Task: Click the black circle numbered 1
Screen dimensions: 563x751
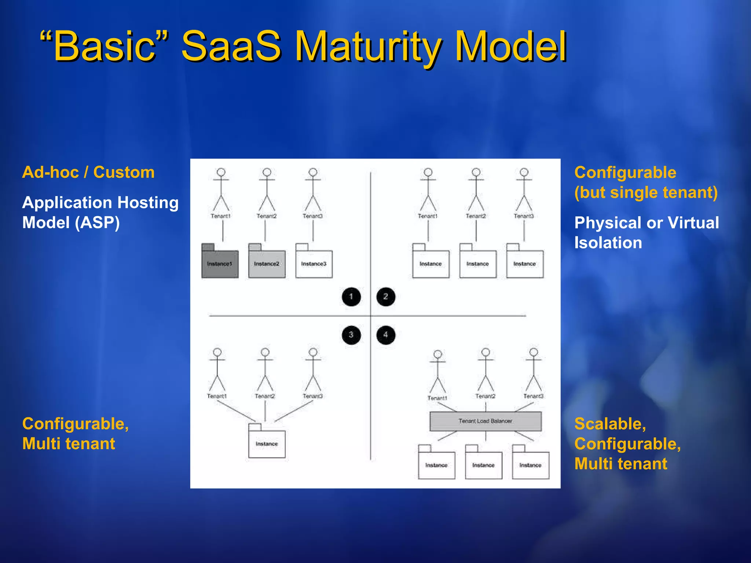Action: [x=351, y=297]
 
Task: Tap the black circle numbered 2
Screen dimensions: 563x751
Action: [x=385, y=297]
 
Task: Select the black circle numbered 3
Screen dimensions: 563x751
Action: [x=351, y=335]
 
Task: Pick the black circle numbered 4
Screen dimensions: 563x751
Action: [x=385, y=335]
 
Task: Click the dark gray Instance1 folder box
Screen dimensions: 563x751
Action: [x=220, y=264]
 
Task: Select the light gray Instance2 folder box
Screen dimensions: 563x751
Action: [x=267, y=264]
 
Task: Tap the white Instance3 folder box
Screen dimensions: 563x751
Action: [x=314, y=264]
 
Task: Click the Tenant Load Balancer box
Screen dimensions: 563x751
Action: [x=485, y=421]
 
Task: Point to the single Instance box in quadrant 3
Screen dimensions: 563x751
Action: [x=267, y=444]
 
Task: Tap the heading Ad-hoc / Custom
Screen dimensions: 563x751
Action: [x=88, y=172]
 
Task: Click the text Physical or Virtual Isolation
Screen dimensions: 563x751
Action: [x=646, y=233]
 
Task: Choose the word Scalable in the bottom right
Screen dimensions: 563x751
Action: [x=610, y=424]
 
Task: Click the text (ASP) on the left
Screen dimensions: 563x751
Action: [x=97, y=222]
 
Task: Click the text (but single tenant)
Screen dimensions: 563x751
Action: [x=646, y=192]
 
